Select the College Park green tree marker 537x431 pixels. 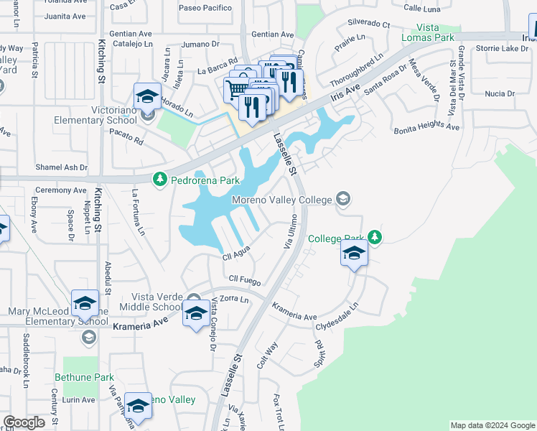(374, 237)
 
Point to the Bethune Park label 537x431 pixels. (85, 376)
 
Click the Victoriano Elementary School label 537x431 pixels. (94, 116)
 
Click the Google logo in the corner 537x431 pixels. (24, 422)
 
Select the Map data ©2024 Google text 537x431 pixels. (492, 425)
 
